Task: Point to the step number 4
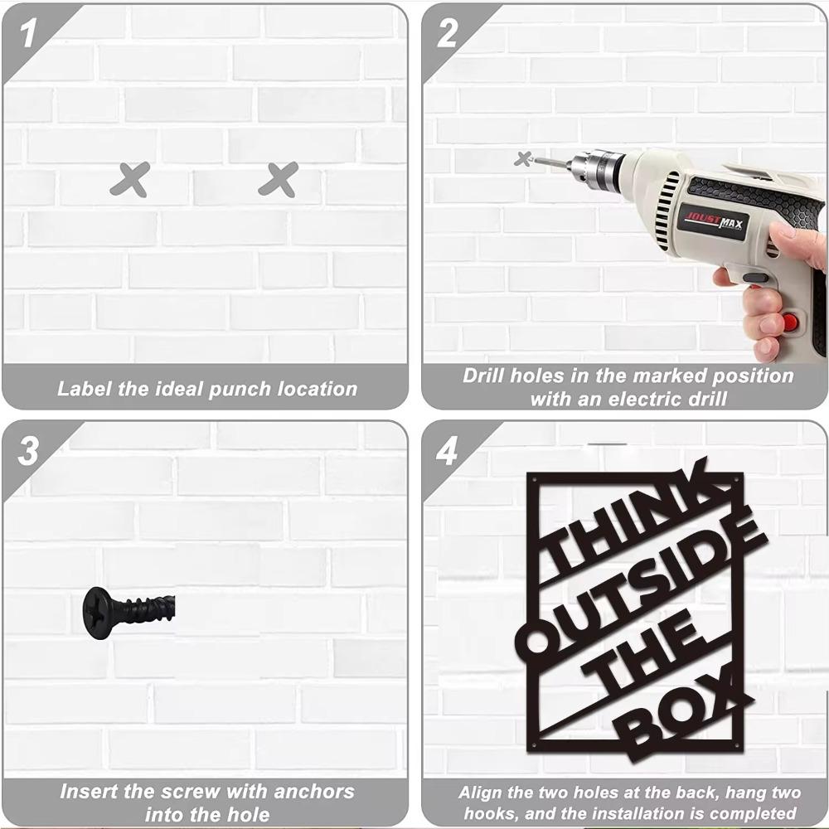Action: coord(447,452)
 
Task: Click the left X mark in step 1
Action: coord(130,180)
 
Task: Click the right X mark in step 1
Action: coord(278,180)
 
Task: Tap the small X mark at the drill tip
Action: coord(523,158)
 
